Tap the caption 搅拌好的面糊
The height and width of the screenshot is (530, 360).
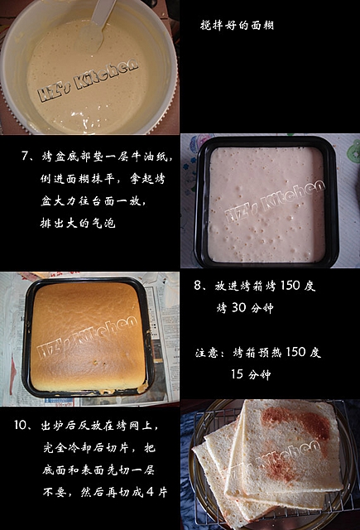[x=237, y=25]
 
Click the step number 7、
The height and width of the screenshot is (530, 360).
[x=28, y=157]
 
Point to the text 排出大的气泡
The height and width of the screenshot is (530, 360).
[x=78, y=223]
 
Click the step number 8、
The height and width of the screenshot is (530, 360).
[x=202, y=286]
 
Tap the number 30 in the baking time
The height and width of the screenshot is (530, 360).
[x=239, y=308]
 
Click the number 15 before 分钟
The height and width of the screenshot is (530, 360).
[x=237, y=374]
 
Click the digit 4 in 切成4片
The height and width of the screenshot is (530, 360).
[x=151, y=492]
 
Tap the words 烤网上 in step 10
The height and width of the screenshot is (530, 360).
[x=134, y=425]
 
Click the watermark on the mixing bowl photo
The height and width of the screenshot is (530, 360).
[x=88, y=80]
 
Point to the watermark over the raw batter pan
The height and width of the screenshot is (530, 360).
[x=275, y=202]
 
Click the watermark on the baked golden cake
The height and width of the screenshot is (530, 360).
[x=88, y=337]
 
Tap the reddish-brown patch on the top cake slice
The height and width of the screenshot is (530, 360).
[x=295, y=422]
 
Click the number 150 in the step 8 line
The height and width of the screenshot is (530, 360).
[x=290, y=285]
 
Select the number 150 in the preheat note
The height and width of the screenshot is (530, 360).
[x=295, y=352]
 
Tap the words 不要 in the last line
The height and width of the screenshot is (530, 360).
[x=54, y=492]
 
